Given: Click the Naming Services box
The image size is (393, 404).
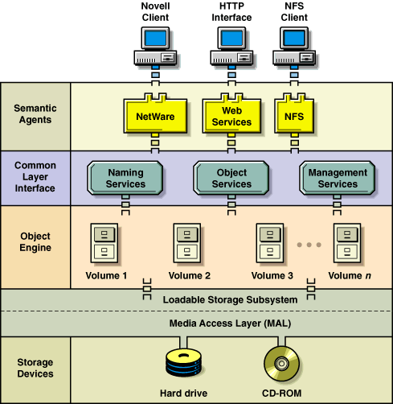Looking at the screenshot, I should click(126, 178).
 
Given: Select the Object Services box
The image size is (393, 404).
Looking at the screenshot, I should click(231, 178).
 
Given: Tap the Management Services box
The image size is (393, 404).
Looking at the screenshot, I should click(338, 178).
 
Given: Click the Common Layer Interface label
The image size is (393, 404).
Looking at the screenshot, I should click(35, 177).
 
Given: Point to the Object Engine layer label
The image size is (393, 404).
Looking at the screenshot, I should click(35, 241).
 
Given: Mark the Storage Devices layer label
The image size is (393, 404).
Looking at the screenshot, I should click(35, 367).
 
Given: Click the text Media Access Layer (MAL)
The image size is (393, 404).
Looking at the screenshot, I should click(231, 324).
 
